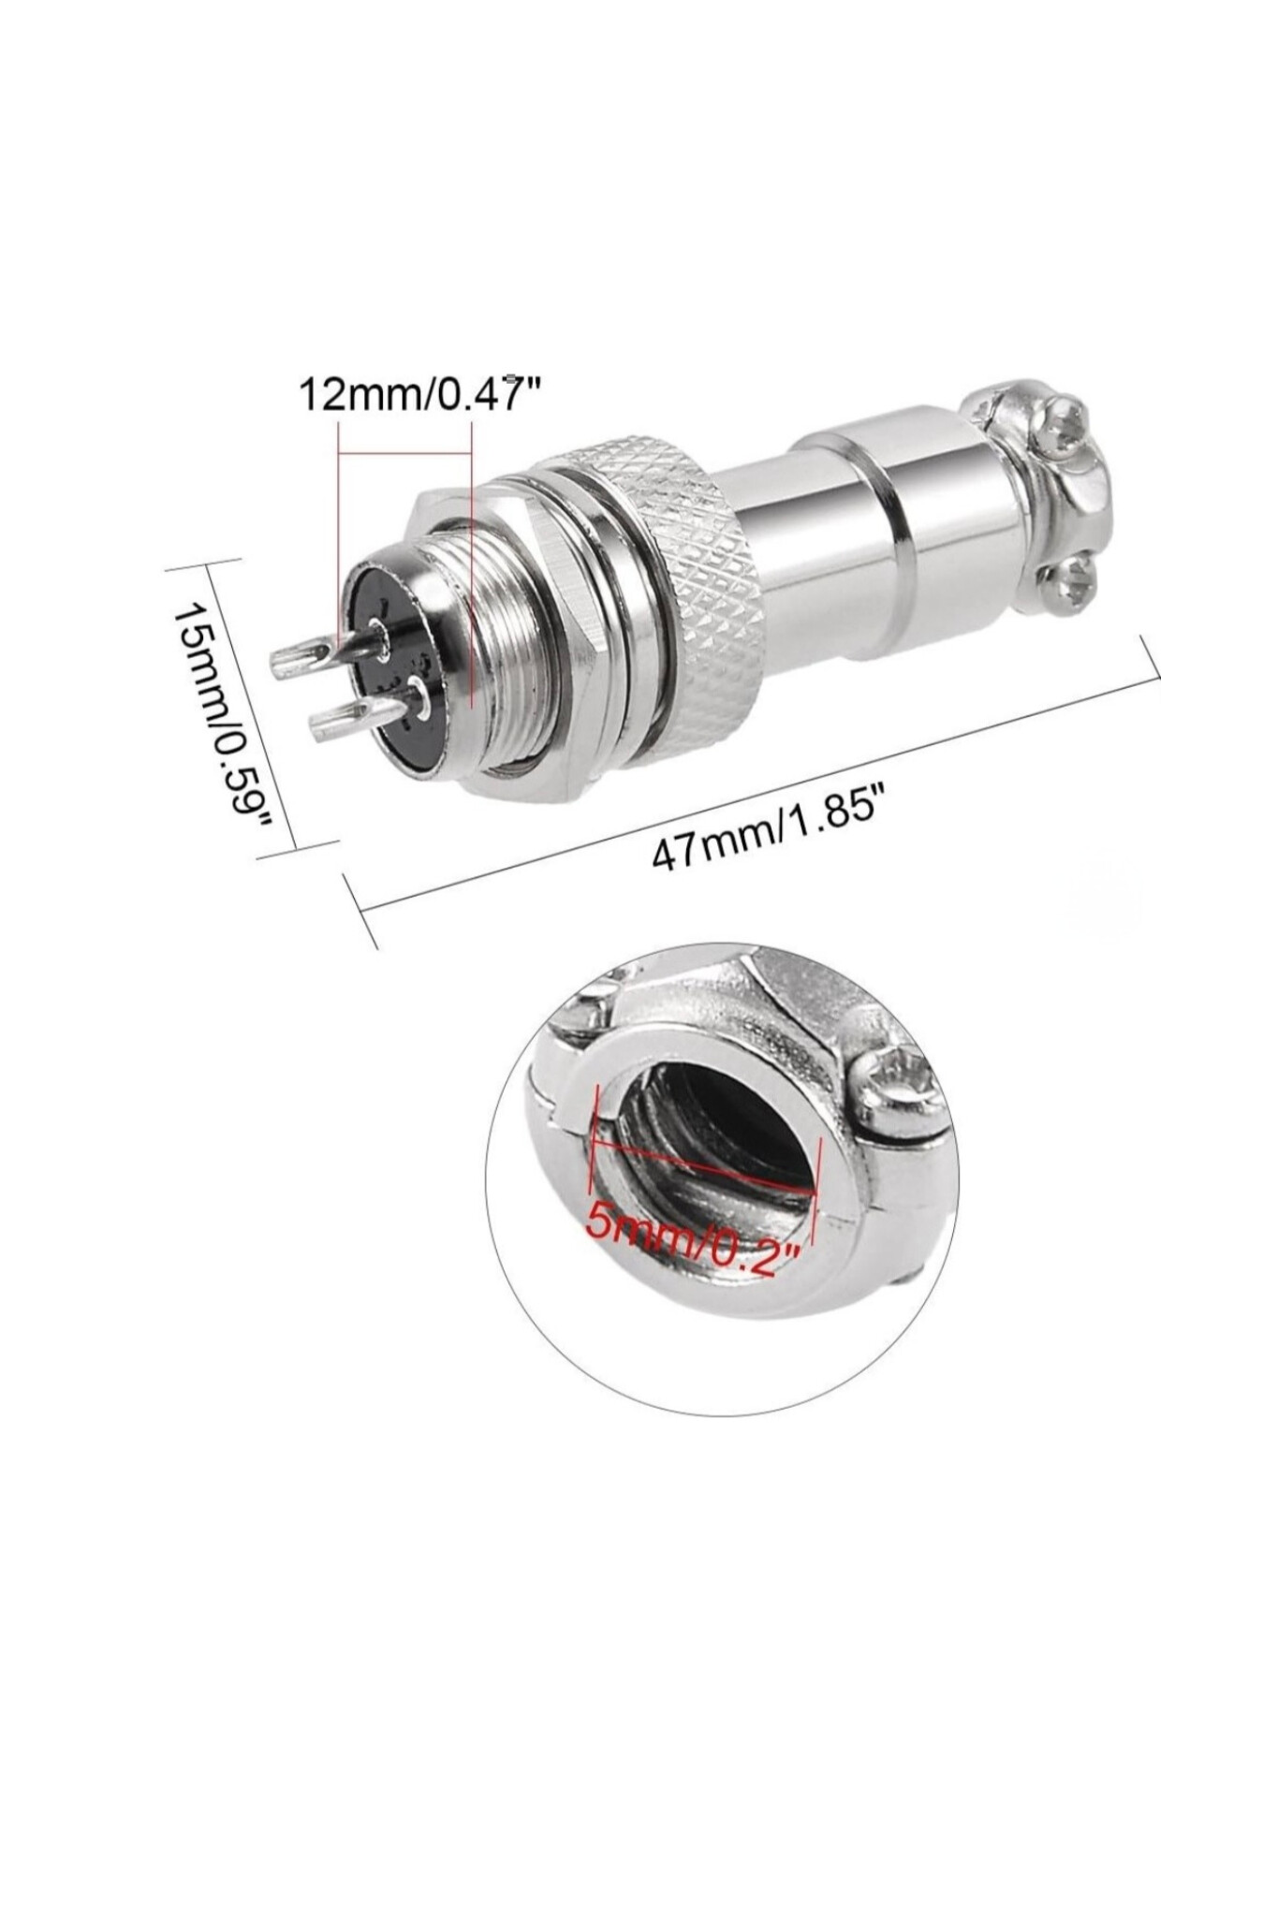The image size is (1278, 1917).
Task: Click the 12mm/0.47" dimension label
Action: [x=420, y=395]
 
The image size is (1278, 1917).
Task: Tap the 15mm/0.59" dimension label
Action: [x=222, y=711]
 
